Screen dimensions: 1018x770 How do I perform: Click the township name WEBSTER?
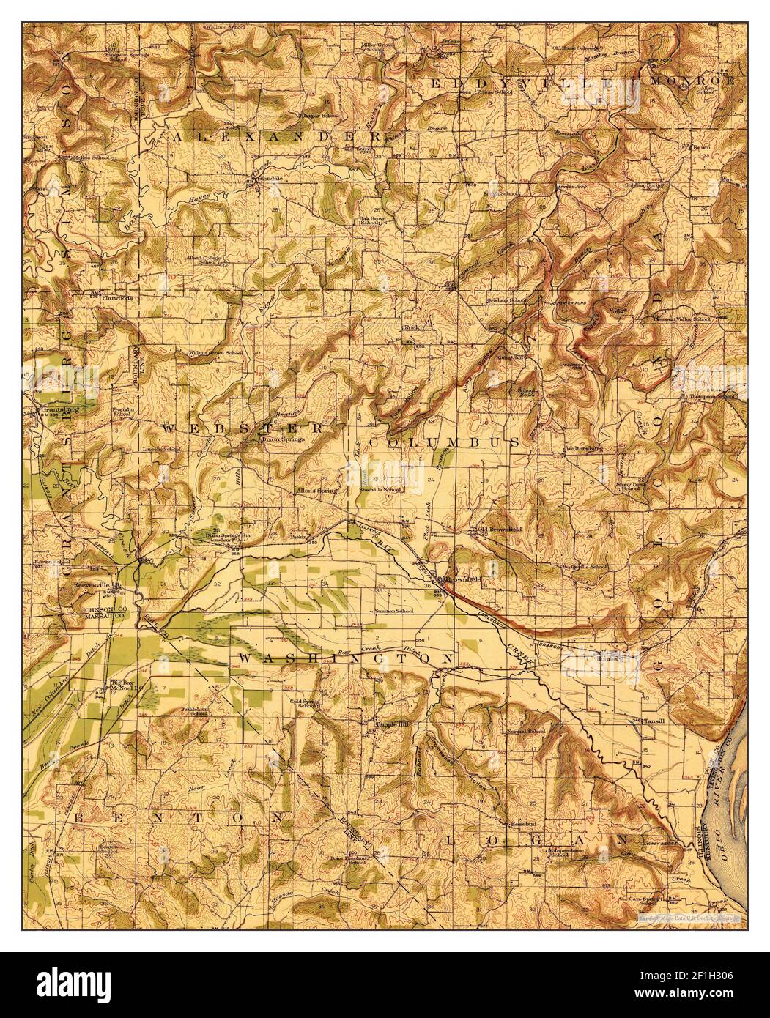(x=242, y=428)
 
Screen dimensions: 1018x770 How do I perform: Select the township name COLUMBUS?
(x=445, y=443)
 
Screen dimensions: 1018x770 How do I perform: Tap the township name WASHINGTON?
(x=347, y=660)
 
